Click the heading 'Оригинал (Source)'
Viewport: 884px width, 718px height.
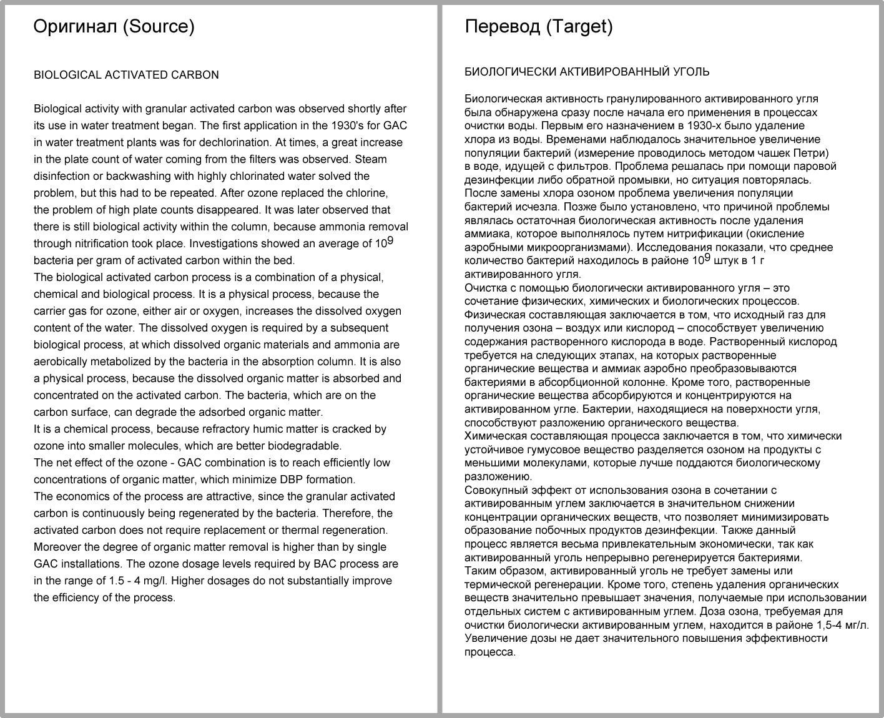114,26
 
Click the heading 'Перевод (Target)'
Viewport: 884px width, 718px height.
539,26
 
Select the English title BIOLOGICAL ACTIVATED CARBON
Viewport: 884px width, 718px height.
126,75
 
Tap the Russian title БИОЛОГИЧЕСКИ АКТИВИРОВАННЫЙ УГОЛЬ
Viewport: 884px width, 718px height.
587,72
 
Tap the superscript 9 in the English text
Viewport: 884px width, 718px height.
390,240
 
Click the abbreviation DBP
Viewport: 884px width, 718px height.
282,479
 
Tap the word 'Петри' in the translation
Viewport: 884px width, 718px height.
811,153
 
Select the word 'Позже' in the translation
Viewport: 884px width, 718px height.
561,207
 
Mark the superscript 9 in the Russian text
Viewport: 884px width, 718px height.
707,257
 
